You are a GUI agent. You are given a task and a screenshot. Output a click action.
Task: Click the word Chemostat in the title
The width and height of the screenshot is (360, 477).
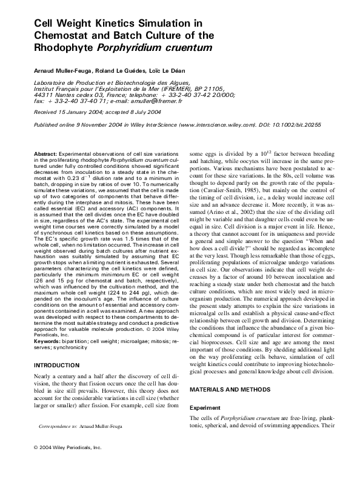[59, 35]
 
